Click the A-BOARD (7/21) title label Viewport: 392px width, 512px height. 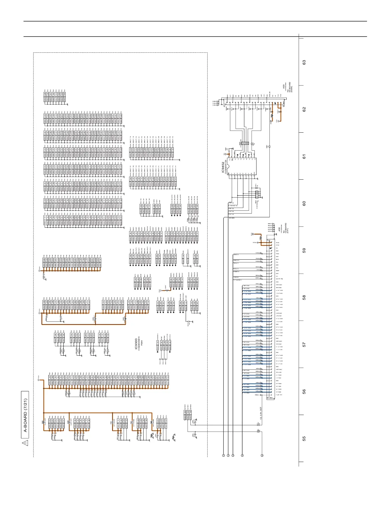25,415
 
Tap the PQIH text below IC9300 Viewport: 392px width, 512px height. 142,343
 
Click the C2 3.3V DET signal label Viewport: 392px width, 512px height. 261,413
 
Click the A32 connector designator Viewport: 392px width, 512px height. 279,230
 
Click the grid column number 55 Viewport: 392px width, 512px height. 304,439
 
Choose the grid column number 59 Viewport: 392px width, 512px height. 304,250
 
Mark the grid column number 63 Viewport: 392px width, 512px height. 304,62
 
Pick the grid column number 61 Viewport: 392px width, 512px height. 304,156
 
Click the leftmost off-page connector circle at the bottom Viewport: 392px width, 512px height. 223,455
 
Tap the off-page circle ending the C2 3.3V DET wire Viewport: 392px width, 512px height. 262,455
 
